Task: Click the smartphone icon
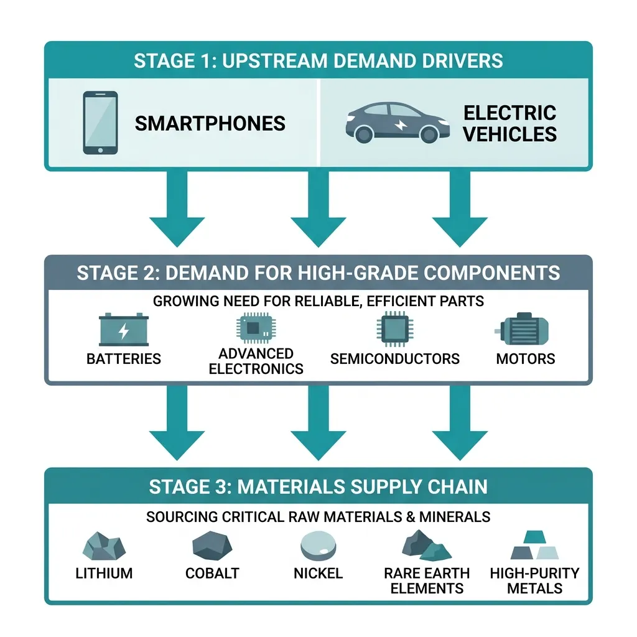point(100,123)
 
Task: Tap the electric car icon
point(398,123)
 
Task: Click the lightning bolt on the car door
point(401,125)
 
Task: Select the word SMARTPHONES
point(210,124)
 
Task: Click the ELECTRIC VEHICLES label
point(510,124)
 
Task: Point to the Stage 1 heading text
point(318,61)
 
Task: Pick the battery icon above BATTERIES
point(124,330)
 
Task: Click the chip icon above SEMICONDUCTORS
point(394,329)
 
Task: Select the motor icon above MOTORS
point(522,328)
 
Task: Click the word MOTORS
point(525,359)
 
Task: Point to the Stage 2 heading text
point(318,273)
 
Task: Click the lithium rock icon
point(104,546)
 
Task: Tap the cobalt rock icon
point(212,546)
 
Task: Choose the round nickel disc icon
point(318,546)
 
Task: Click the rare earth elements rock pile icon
point(427,545)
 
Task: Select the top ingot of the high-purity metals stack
point(534,537)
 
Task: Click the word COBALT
point(212,573)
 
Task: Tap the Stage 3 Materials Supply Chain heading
point(318,486)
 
